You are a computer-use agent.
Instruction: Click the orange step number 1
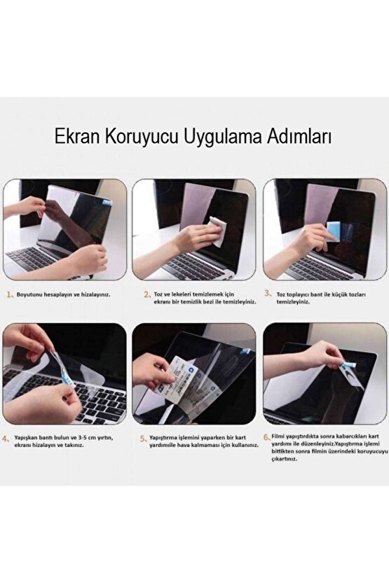click(x=10, y=296)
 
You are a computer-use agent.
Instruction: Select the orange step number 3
click(x=270, y=296)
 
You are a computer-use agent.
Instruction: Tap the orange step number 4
click(x=8, y=441)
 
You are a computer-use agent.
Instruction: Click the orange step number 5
click(x=144, y=439)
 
